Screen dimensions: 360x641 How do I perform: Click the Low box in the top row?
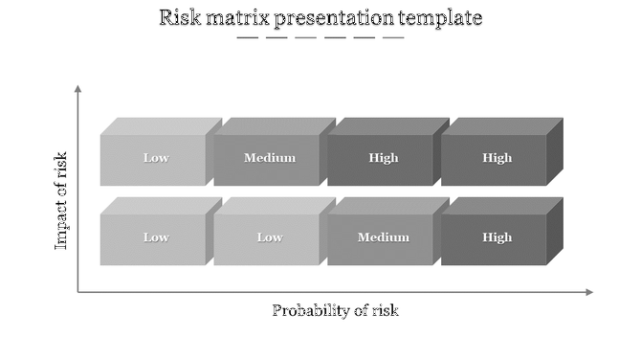[x=156, y=159]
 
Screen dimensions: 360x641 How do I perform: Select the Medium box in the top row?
[x=270, y=159]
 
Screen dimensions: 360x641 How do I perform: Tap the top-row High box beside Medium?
[x=384, y=159]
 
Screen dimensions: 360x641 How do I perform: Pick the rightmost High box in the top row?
[x=497, y=159]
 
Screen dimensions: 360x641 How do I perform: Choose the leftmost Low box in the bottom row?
[x=156, y=238]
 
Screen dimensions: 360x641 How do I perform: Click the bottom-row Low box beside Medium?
[x=270, y=238]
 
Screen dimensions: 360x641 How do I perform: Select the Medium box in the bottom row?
[x=384, y=238]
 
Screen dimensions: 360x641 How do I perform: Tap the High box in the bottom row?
[x=497, y=238]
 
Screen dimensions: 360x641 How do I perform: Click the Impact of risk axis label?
[x=61, y=200]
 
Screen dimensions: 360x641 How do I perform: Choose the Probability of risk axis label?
[x=335, y=310]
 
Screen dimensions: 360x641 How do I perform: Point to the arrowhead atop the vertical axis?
[x=78, y=89]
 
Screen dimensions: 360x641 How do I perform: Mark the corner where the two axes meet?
[x=78, y=292]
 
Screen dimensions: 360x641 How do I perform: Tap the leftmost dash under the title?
[x=247, y=38]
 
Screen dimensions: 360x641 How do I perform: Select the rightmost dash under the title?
[x=393, y=38]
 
